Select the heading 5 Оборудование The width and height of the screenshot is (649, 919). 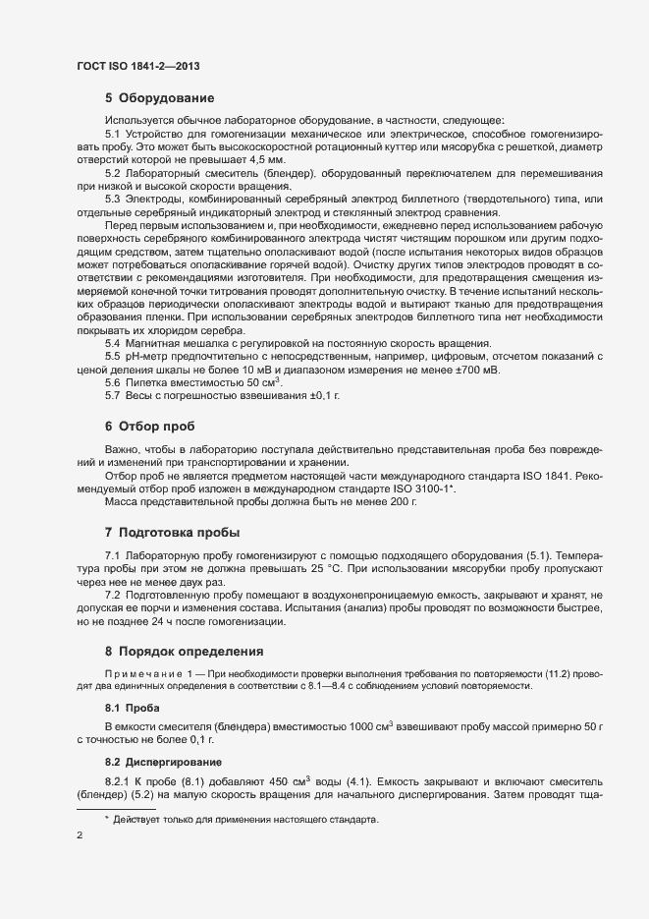pyautogui.click(x=159, y=98)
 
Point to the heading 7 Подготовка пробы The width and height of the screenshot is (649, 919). pyautogui.click(x=172, y=532)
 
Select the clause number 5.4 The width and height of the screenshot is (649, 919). pyautogui.click(x=113, y=343)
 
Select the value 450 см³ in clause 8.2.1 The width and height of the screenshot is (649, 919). pyautogui.click(x=283, y=780)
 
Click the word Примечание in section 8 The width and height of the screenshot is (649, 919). pyautogui.click(x=142, y=672)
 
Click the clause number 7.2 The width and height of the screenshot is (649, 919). pyautogui.click(x=113, y=596)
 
